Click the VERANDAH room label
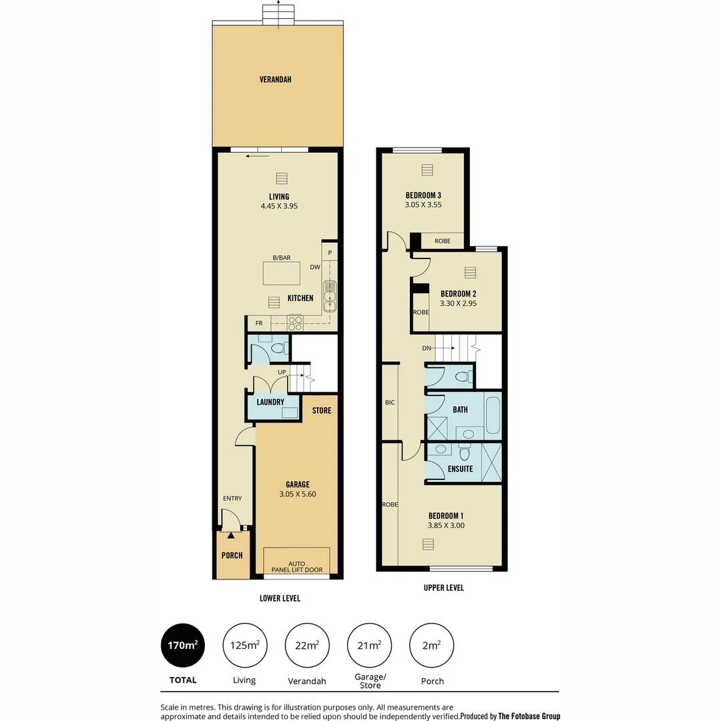[x=275, y=79]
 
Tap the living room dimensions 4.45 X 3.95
[x=279, y=206]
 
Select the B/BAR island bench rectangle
[x=282, y=273]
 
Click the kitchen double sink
[x=330, y=296]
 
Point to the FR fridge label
[x=258, y=323]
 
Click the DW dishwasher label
[x=315, y=267]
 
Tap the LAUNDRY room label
[x=270, y=402]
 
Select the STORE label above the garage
[x=321, y=411]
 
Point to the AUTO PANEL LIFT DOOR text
[x=296, y=567]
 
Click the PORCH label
[x=232, y=555]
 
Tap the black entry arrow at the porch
[x=230, y=535]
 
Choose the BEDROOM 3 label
[x=423, y=195]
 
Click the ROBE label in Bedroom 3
[x=442, y=241]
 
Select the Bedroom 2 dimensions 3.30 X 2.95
[x=458, y=303]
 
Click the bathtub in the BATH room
[x=493, y=415]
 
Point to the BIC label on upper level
[x=390, y=403]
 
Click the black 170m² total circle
[x=183, y=645]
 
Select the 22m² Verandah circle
[x=307, y=645]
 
